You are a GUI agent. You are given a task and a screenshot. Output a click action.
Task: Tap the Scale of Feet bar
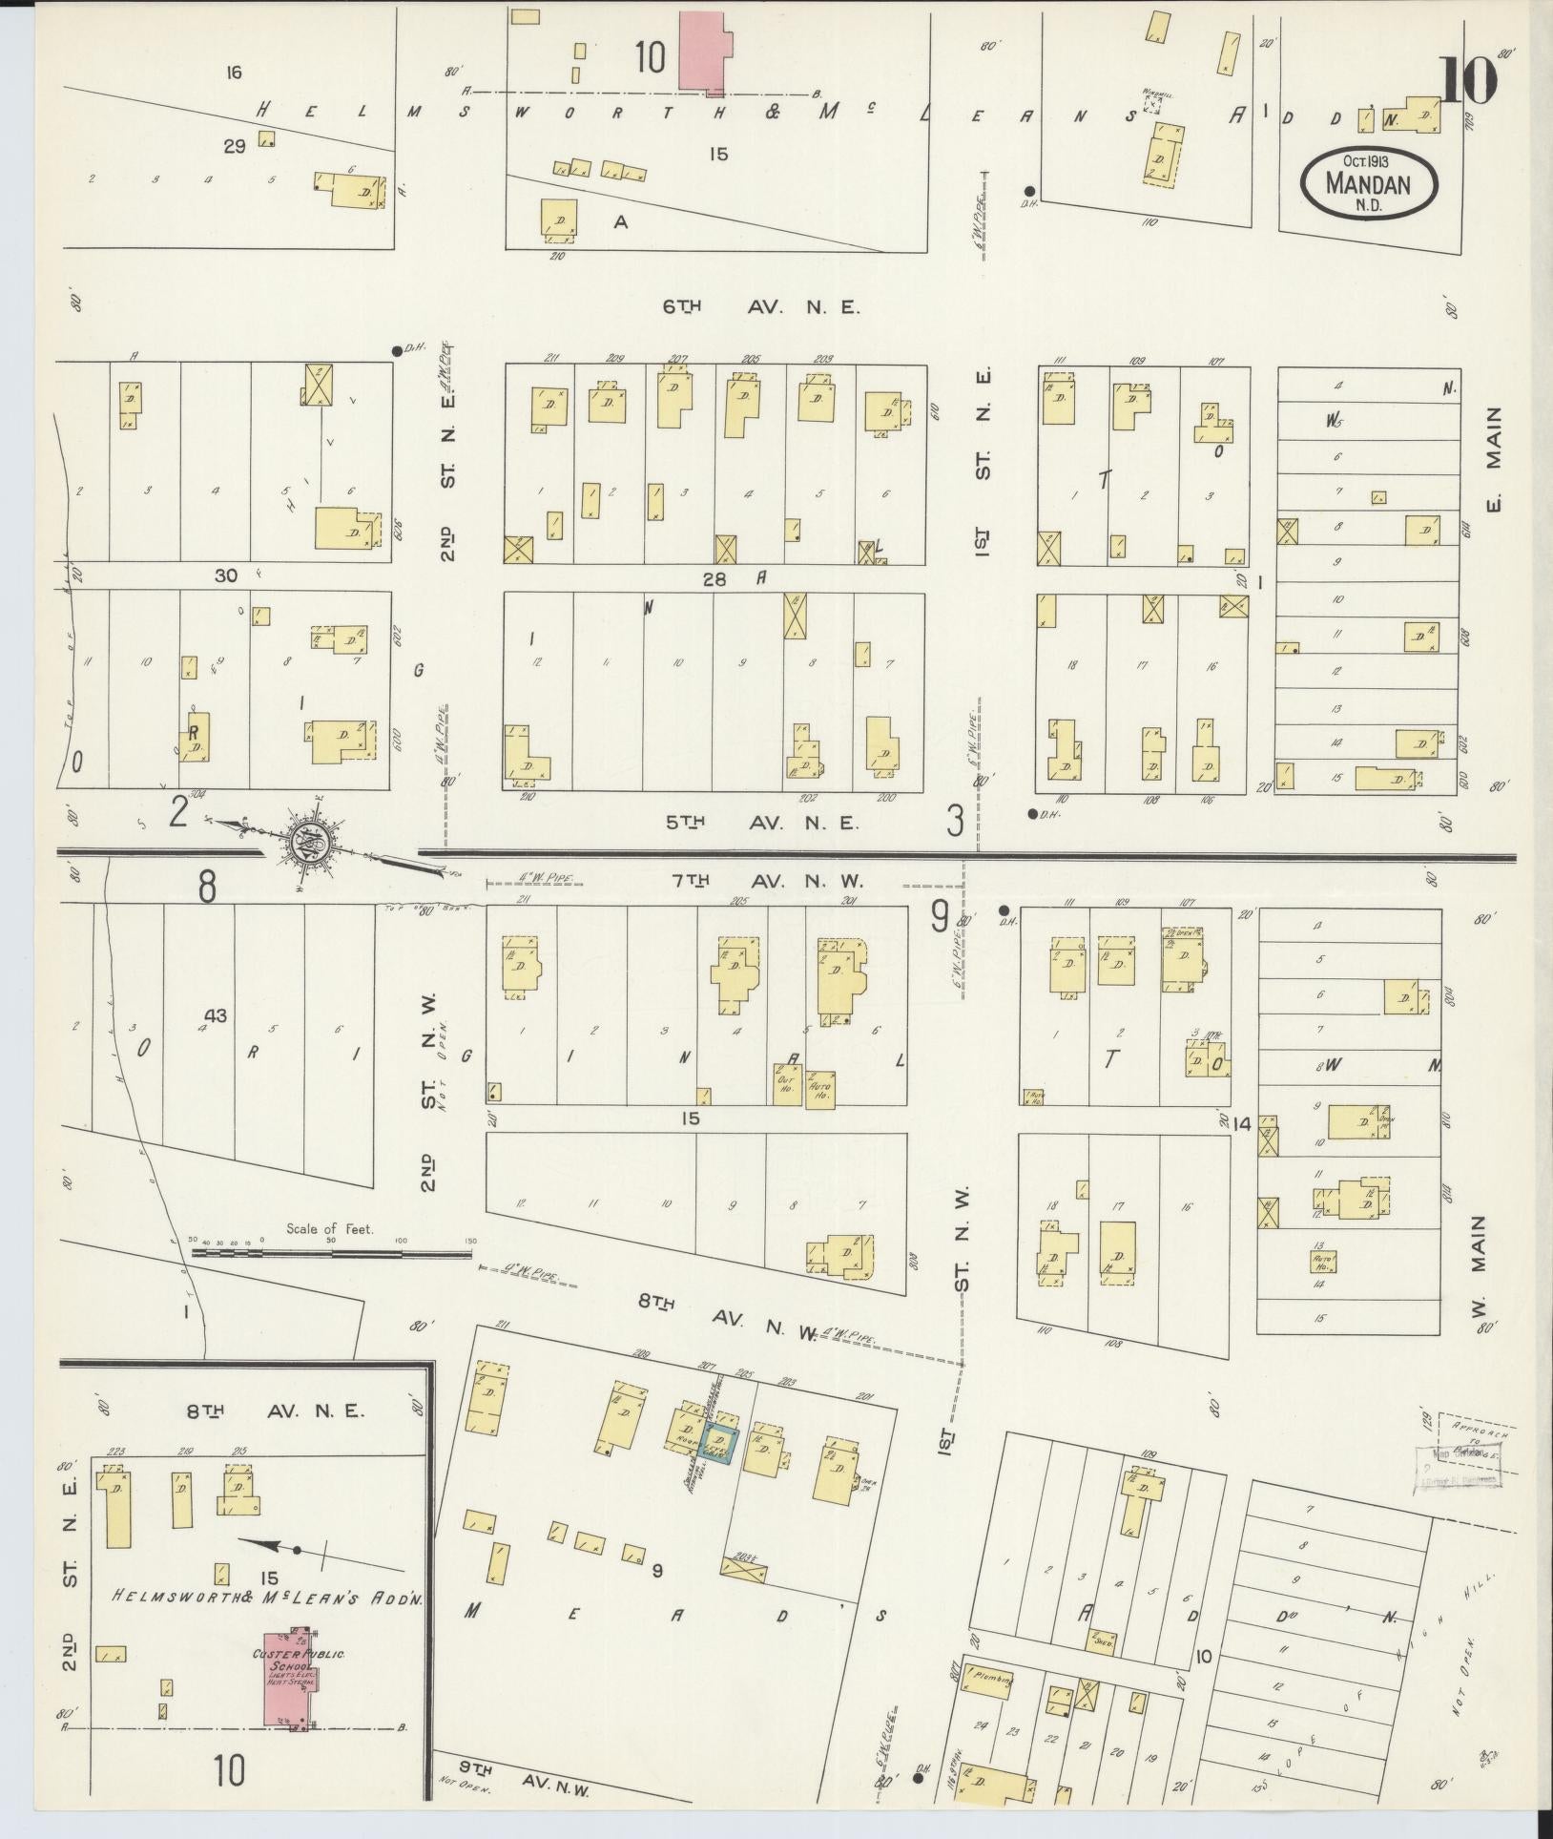[332, 1251]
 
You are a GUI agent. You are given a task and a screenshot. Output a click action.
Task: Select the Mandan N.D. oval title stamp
[1370, 181]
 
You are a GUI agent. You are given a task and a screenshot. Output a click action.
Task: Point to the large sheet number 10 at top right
[1470, 80]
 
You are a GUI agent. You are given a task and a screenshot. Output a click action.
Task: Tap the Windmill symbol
[1154, 103]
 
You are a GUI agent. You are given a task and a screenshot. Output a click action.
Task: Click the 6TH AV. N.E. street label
[761, 307]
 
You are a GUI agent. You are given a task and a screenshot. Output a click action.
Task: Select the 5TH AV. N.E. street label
[761, 822]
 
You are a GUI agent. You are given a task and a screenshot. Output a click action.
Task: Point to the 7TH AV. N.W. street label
[769, 882]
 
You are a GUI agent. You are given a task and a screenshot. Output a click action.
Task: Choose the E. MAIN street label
[1493, 459]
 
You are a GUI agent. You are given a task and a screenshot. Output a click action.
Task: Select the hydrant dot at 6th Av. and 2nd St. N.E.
[397, 350]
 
